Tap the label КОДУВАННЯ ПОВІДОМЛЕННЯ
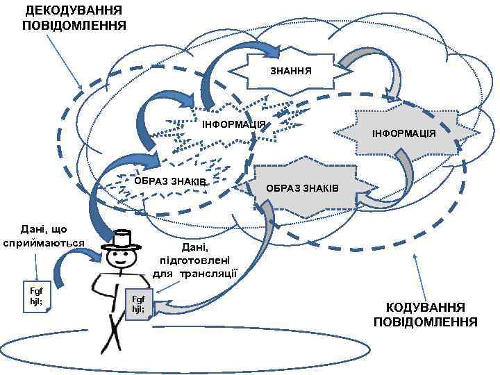pos(425,315)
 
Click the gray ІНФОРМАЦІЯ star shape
pos(403,132)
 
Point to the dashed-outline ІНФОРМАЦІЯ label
pos(233,124)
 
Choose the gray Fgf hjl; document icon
pos(137,304)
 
